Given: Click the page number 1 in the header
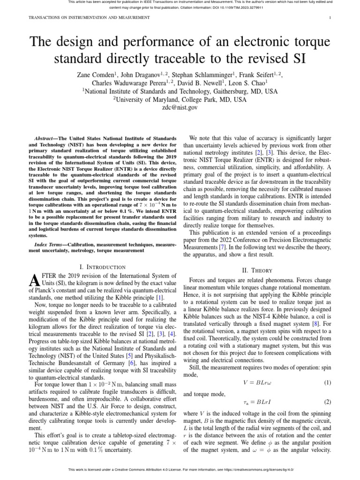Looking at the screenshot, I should (x=330, y=17).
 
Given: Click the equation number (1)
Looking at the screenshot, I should (x=327, y=369).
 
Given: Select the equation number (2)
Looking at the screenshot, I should (x=327, y=402).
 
